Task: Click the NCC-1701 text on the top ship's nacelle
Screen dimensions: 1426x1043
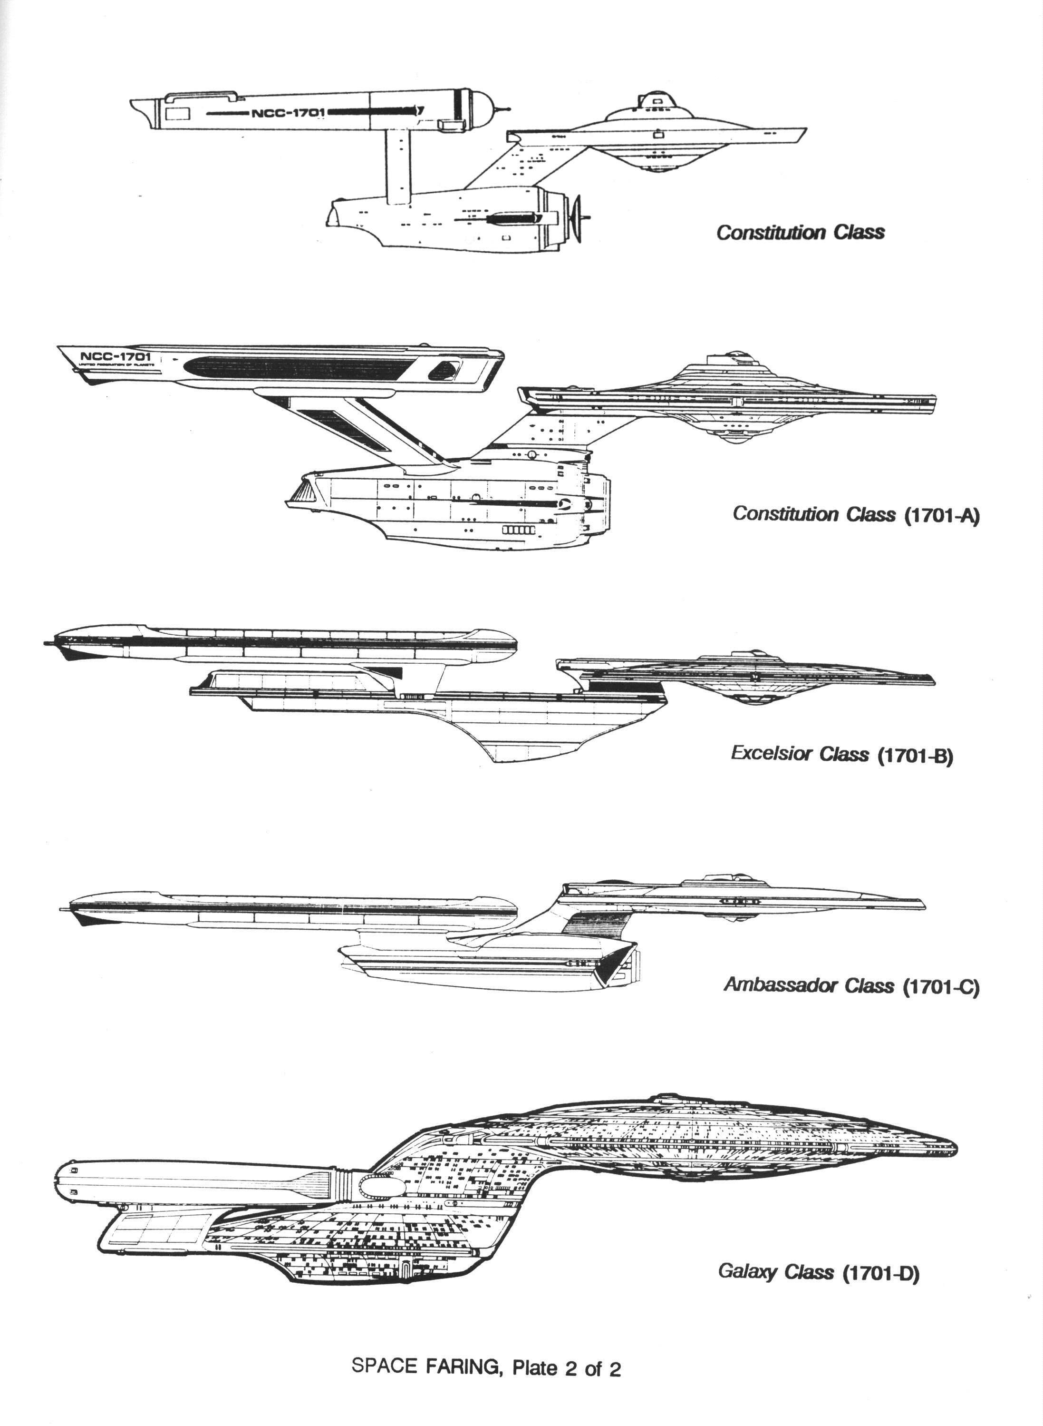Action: pyautogui.click(x=289, y=113)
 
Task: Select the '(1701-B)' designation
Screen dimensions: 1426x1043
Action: pyautogui.click(x=915, y=755)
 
